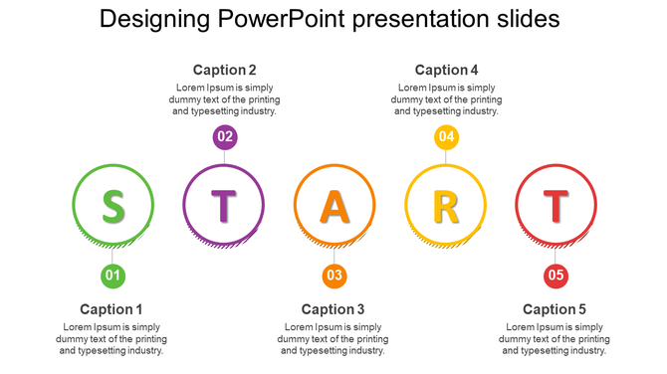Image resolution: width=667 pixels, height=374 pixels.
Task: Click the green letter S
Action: tap(113, 205)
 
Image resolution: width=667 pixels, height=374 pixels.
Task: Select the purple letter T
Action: tap(224, 205)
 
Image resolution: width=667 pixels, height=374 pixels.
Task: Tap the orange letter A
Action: tap(334, 205)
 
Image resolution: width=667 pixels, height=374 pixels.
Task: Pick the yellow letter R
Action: tap(446, 205)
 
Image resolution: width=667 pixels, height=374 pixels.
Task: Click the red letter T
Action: tap(556, 205)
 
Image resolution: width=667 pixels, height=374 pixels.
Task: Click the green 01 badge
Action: tap(113, 276)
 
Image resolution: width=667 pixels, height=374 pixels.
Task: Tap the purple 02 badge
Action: tap(224, 136)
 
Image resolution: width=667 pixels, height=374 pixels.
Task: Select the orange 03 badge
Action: tap(334, 276)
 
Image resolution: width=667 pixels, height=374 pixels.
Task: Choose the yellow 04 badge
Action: tap(446, 136)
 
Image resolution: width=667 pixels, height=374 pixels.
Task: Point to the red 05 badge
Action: tap(556, 276)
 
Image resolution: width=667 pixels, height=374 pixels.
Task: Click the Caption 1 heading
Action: tap(111, 309)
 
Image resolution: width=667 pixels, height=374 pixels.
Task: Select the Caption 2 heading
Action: tap(224, 70)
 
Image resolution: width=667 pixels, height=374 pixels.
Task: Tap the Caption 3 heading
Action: tap(333, 309)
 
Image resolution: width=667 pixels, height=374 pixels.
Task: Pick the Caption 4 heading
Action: tap(446, 70)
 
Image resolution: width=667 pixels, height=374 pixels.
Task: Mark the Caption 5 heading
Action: tap(555, 309)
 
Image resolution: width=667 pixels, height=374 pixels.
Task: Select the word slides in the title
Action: tap(528, 19)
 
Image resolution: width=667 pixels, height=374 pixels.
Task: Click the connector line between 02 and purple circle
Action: tap(224, 157)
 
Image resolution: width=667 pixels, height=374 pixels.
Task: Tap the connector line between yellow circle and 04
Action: tap(446, 157)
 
